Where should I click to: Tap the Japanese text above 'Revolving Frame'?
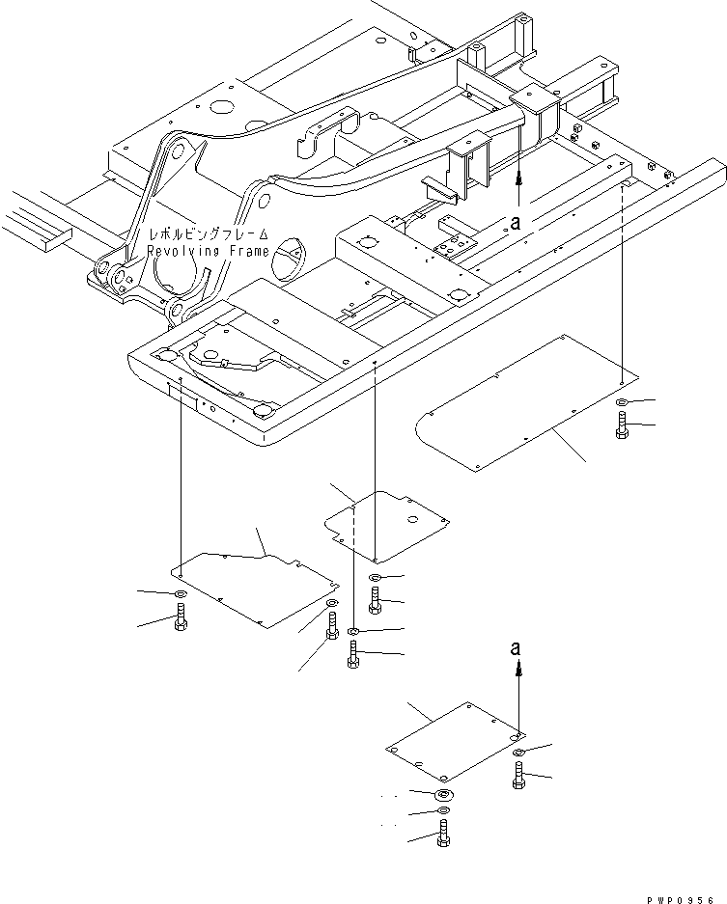(x=207, y=236)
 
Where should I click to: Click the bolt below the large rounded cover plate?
(x=620, y=425)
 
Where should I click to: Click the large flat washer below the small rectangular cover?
(x=443, y=793)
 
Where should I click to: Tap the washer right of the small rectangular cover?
(x=519, y=752)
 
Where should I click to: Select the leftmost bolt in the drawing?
(x=181, y=617)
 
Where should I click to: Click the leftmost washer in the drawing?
(x=181, y=593)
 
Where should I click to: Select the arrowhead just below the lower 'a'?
(x=518, y=667)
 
